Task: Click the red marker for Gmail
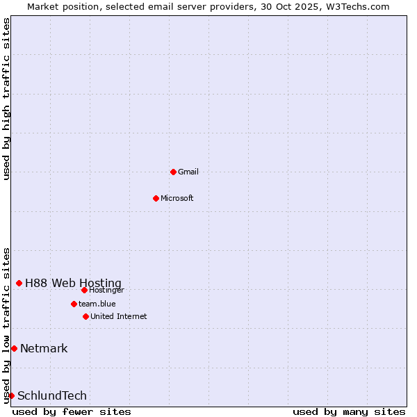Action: [173, 172]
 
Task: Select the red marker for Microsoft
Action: [156, 198]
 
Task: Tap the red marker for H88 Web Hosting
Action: [19, 283]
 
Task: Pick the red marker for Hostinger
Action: [84, 290]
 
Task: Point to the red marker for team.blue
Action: [74, 304]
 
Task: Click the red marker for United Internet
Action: [85, 316]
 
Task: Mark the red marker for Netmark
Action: [14, 348]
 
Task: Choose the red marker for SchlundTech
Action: [11, 395]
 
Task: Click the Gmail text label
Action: [188, 172]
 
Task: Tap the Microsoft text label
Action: [177, 198]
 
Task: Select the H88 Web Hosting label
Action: [73, 283]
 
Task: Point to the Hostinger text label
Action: [106, 290]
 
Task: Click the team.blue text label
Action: [97, 304]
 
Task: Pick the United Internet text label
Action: [119, 316]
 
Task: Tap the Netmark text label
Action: [44, 348]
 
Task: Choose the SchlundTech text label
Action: [52, 395]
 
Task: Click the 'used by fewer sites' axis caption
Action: [72, 411]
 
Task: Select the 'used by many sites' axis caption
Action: [349, 411]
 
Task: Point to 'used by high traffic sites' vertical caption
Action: [6, 99]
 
